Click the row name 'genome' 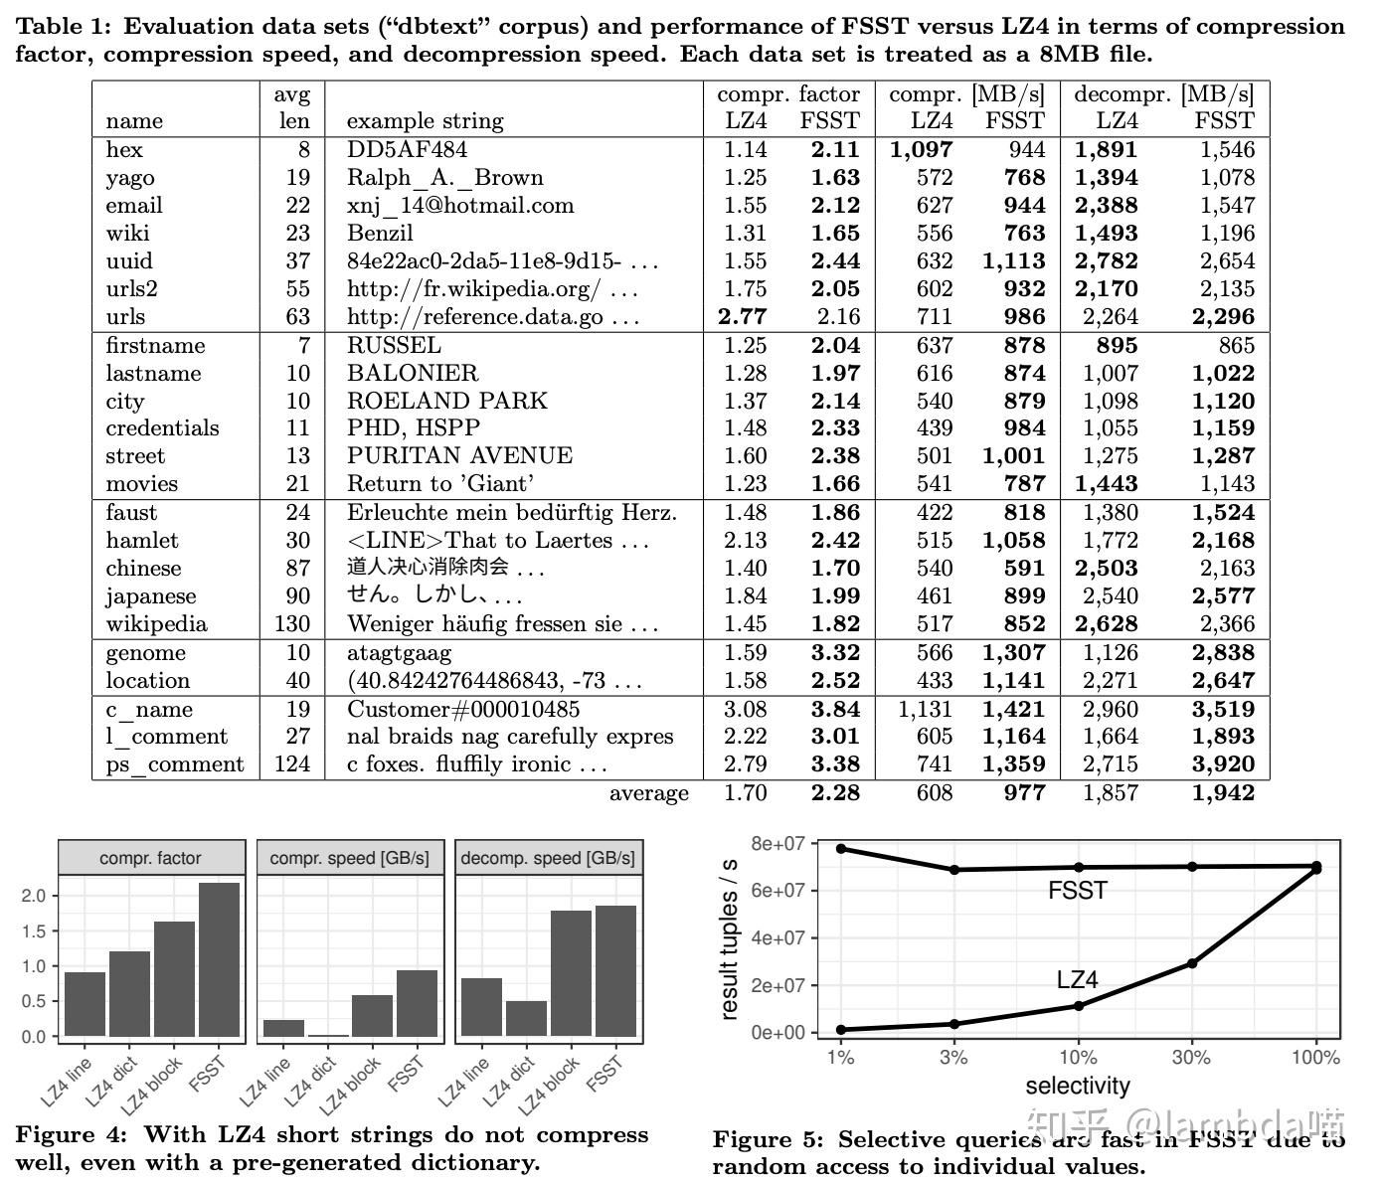(146, 653)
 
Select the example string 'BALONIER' (413, 373)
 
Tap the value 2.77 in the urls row (742, 317)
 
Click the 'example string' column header (425, 121)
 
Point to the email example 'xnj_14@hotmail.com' (460, 206)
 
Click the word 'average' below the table (648, 793)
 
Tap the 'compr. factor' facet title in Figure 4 (150, 858)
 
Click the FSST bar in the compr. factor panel (219, 959)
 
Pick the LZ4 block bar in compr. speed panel (372, 1015)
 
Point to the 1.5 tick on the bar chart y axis (34, 930)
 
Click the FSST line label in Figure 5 (1078, 891)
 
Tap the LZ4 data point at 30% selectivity (1192, 963)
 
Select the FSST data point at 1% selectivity (841, 848)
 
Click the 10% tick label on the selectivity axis (1078, 1057)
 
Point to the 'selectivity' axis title (1078, 1086)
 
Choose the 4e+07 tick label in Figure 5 (778, 938)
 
